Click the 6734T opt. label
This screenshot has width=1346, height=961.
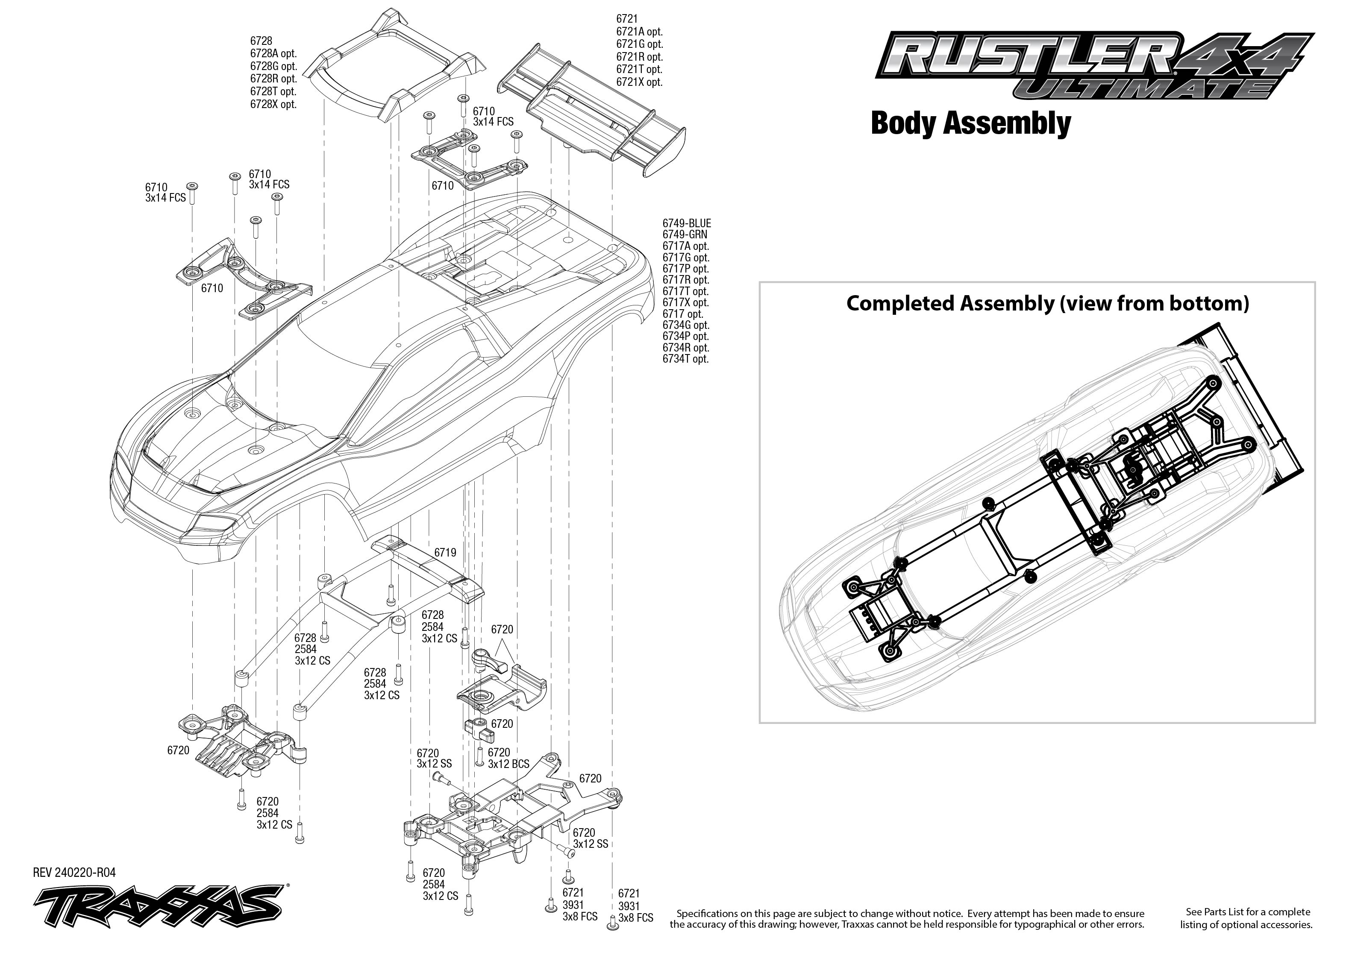click(x=685, y=359)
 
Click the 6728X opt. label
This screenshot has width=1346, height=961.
click(x=273, y=104)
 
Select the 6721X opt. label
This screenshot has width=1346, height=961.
click(x=639, y=82)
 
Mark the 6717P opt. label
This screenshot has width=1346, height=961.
click(x=685, y=269)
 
